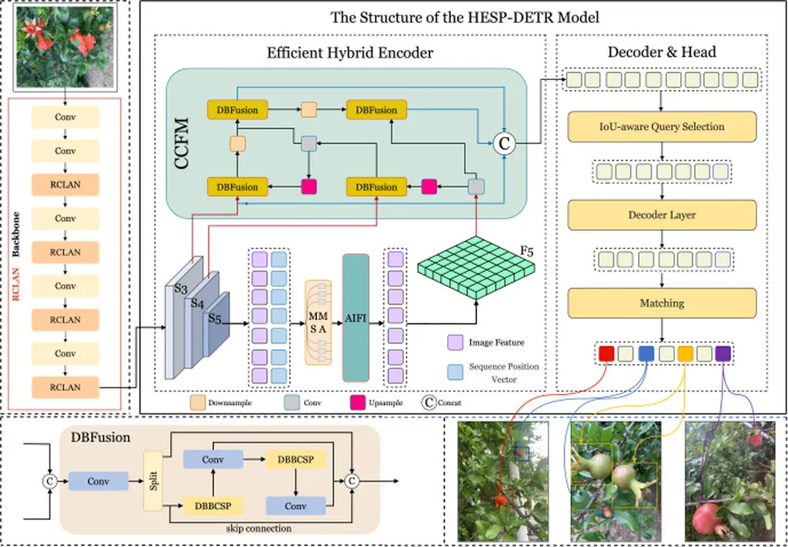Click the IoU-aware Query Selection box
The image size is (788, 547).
click(662, 126)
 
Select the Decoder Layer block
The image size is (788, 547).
click(662, 215)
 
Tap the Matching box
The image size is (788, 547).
click(662, 303)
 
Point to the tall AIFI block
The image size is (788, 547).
click(356, 318)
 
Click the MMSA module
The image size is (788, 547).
click(318, 322)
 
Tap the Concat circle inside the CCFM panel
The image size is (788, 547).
click(505, 142)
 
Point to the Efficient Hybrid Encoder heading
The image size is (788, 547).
click(350, 53)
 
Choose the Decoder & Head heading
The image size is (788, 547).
click(662, 52)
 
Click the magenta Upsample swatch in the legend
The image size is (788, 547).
click(358, 402)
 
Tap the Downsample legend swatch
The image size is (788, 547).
click(198, 402)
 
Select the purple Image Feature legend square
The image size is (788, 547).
click(454, 341)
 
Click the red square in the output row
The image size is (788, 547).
click(606, 353)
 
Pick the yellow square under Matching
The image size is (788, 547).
click(685, 353)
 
